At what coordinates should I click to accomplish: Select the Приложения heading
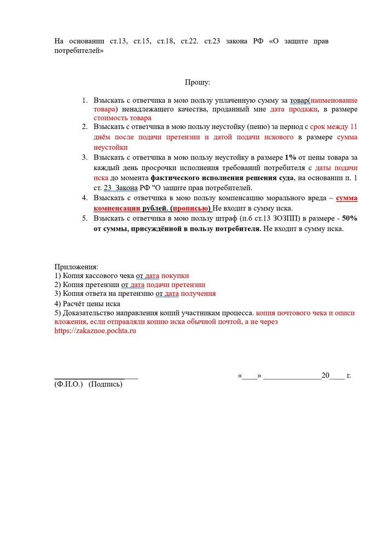(76, 267)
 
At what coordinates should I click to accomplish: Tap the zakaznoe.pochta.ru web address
(95, 331)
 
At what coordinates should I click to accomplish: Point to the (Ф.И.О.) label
(68, 384)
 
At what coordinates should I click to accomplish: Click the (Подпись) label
(106, 384)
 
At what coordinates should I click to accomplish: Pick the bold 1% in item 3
(291, 157)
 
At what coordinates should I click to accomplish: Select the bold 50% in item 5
(350, 218)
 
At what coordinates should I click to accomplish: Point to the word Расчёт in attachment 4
(76, 303)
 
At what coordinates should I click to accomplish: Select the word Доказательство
(90, 313)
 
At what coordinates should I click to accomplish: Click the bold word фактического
(184, 178)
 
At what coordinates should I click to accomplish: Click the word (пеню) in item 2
(249, 126)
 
